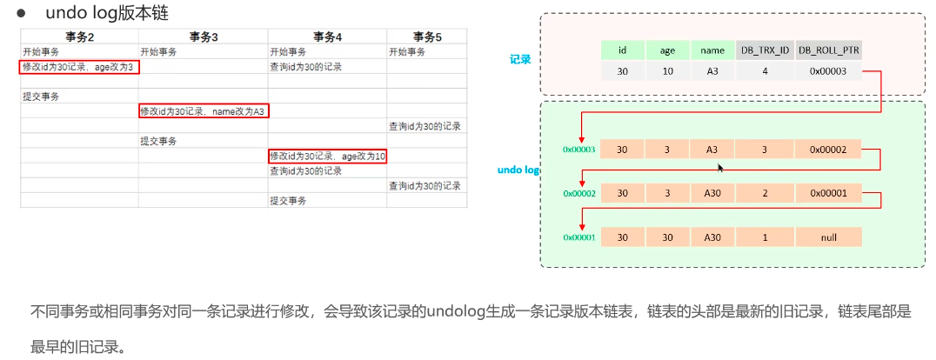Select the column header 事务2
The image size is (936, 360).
79,37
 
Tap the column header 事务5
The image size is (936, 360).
427,37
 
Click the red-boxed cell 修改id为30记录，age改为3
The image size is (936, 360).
78,67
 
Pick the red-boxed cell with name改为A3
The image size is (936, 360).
204,111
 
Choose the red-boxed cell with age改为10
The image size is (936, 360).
327,156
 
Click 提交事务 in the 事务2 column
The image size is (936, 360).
41,97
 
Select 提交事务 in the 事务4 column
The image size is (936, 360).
288,201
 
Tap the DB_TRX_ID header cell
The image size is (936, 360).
764,50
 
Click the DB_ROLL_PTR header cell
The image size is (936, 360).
827,50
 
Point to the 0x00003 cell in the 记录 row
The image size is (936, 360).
827,71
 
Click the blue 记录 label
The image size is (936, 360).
520,60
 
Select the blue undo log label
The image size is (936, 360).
519,170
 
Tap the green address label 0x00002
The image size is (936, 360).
578,193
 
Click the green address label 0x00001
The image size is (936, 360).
578,237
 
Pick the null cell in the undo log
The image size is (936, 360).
827,237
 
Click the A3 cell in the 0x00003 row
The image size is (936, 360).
712,150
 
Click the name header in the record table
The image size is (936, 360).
712,50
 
